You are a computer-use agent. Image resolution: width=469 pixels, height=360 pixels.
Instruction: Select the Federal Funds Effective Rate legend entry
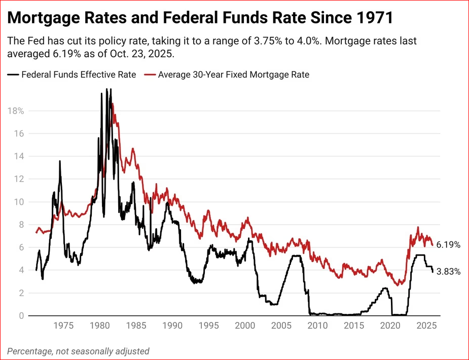(79, 75)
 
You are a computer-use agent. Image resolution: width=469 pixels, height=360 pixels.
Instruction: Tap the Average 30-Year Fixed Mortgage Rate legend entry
(233, 75)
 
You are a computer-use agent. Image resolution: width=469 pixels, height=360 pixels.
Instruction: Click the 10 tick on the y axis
(19, 202)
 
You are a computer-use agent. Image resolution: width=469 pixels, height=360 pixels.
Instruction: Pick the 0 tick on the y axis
(21, 316)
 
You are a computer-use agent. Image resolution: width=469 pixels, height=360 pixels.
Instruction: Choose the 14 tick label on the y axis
(19, 156)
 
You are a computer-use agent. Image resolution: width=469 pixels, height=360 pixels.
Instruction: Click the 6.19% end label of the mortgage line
(448, 245)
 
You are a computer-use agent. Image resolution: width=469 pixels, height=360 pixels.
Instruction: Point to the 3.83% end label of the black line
(448, 272)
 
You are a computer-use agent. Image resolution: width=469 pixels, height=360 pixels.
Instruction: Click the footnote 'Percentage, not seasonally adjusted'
(79, 351)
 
